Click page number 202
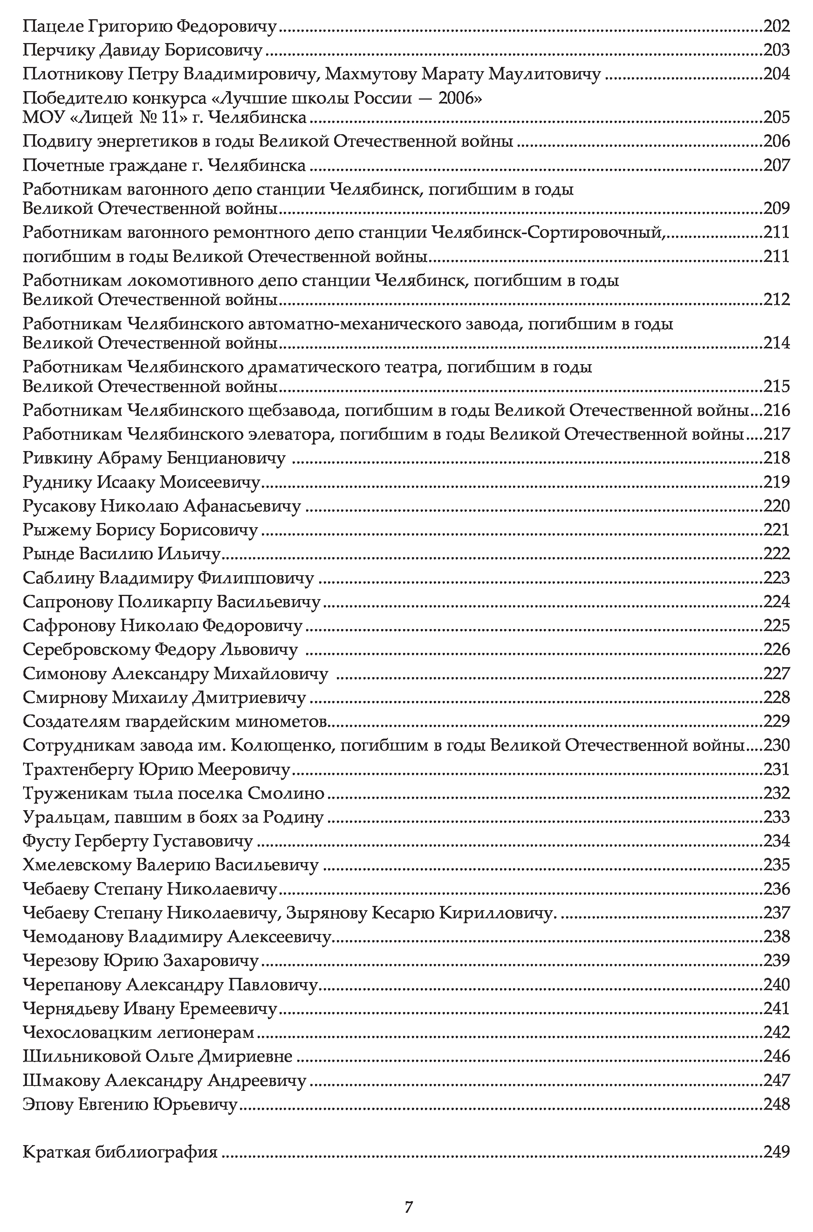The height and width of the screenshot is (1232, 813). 776,26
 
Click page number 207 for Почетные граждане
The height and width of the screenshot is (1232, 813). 776,165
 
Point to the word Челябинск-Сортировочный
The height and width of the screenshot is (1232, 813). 548,232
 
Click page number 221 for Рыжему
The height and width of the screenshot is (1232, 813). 776,530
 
